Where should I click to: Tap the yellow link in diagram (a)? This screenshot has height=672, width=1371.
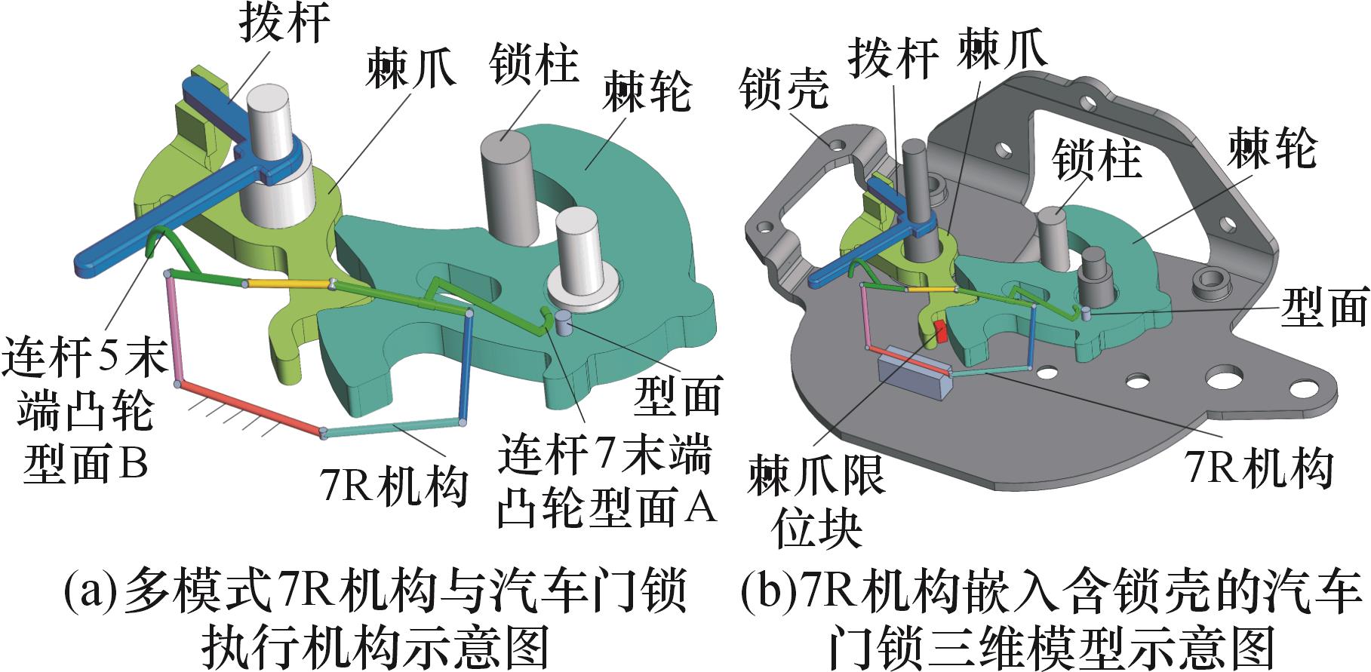288,284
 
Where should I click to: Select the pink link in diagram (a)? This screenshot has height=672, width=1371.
173,329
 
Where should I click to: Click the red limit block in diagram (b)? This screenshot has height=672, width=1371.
940,330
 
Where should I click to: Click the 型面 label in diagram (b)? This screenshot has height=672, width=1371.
1324,308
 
